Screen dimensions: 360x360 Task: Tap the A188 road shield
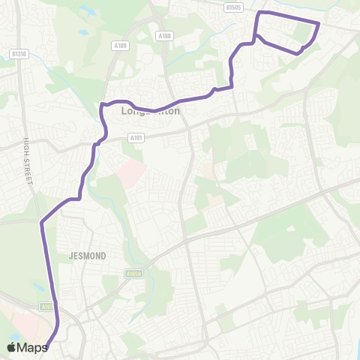pos(165,35)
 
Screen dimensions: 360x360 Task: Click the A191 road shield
pos(136,137)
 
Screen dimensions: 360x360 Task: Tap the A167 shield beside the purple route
pos(46,306)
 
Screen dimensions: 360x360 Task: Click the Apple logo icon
pos(11,347)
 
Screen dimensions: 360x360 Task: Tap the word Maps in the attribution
pos(32,347)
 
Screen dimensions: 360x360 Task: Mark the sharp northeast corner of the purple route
pos(319,23)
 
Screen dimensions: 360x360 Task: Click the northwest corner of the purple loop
pos(259,13)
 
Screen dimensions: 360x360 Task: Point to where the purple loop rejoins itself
pos(256,35)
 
